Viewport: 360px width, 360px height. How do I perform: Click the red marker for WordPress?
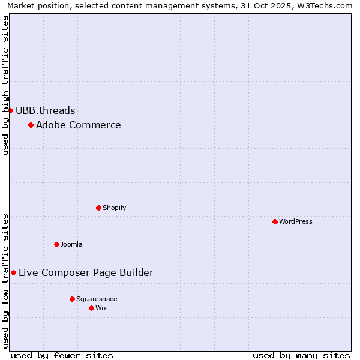[x=275, y=221]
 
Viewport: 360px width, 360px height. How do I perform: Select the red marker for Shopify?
[x=98, y=208]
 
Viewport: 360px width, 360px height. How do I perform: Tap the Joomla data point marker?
[x=56, y=244]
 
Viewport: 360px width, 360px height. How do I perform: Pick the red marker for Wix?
[x=91, y=308]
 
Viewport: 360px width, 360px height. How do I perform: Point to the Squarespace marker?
[x=72, y=299]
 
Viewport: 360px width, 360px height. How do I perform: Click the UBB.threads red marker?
[x=10, y=110]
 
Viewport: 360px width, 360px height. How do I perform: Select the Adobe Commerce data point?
[x=31, y=125]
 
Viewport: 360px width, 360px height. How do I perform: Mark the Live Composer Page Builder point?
[x=13, y=272]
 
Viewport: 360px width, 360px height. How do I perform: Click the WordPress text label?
[x=296, y=221]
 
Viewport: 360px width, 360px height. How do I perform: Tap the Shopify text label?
[x=115, y=208]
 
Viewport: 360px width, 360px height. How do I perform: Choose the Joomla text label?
[x=71, y=244]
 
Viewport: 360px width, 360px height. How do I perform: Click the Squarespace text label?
[x=97, y=299]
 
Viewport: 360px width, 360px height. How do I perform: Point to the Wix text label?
[x=101, y=308]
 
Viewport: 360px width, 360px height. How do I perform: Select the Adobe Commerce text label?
[x=79, y=125]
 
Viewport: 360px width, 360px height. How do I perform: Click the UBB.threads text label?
[x=46, y=110]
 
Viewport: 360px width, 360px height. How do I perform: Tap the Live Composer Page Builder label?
[x=86, y=272]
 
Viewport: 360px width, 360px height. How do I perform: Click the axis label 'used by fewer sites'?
[x=62, y=355]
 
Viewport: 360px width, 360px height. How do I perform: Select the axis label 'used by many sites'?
[x=301, y=355]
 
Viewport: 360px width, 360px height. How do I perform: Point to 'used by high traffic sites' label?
[x=5, y=85]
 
